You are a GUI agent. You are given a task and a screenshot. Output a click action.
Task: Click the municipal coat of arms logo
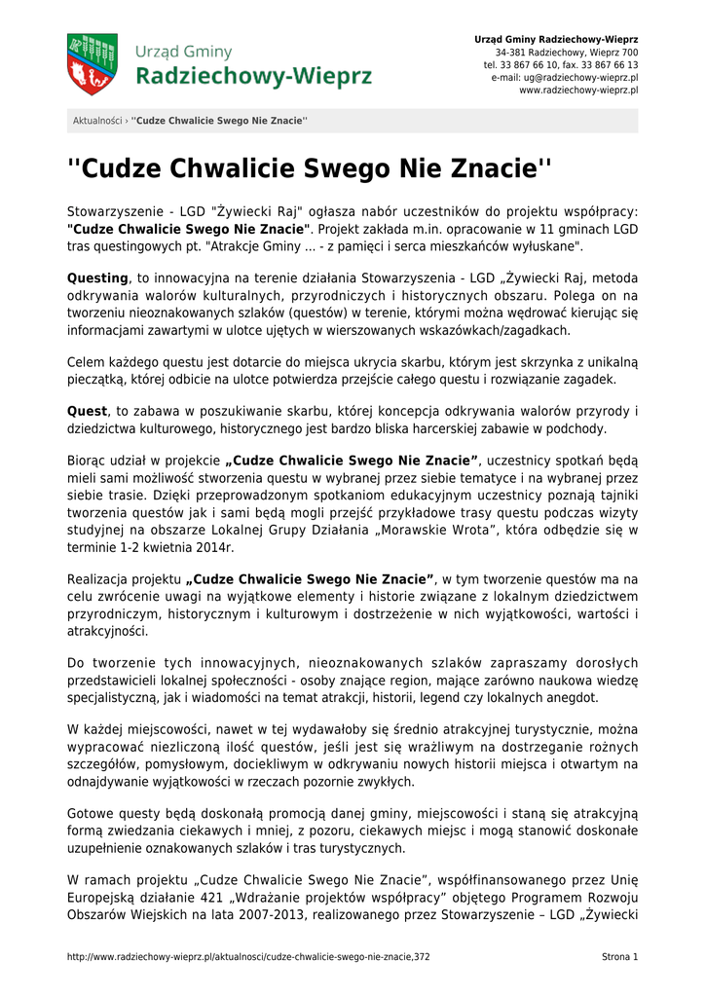(92, 64)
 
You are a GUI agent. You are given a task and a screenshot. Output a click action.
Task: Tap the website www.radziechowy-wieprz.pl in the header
(578, 90)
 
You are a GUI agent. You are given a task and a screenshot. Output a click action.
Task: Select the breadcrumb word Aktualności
(97, 121)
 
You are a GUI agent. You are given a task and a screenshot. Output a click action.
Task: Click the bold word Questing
(97, 277)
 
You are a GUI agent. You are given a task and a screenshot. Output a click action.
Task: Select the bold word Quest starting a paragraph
(87, 411)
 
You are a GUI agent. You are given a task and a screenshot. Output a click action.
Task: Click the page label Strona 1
(619, 957)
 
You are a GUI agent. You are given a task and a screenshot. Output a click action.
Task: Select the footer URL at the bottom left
(248, 957)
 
